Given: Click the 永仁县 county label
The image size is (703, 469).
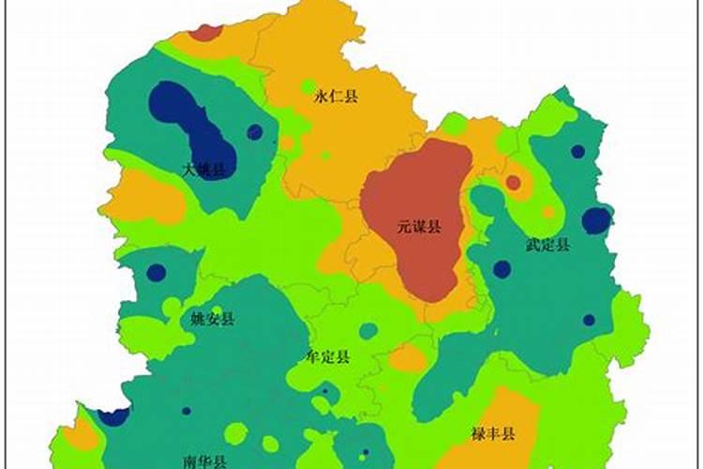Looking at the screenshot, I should (x=337, y=97).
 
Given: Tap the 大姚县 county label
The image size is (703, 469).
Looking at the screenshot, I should (x=204, y=170).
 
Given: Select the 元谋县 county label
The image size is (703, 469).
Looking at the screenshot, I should (x=419, y=226).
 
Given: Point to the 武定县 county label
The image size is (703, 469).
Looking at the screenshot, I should (x=547, y=245).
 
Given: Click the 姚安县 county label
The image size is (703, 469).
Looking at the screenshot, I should (x=213, y=319).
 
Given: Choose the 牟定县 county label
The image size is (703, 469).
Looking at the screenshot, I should (x=329, y=356).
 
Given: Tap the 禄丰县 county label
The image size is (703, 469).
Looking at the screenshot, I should (x=494, y=433).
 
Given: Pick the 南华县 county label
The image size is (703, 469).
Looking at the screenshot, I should (x=205, y=461).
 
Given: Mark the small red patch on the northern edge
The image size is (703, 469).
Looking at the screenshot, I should (x=204, y=33).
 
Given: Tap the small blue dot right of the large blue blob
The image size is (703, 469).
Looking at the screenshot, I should (x=255, y=132).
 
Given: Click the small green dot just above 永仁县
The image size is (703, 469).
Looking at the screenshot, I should (x=307, y=86).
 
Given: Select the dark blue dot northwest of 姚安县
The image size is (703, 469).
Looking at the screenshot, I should (x=157, y=273).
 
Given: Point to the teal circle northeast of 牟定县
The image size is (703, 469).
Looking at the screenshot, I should (x=368, y=330).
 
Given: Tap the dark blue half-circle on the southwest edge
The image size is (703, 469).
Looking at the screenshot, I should (x=114, y=416).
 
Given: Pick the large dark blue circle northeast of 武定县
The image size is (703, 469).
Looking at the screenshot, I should (x=596, y=220).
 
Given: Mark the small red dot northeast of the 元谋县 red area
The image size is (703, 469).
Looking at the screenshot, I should (x=513, y=182).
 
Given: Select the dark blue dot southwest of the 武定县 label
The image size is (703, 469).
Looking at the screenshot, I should (x=502, y=269).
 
